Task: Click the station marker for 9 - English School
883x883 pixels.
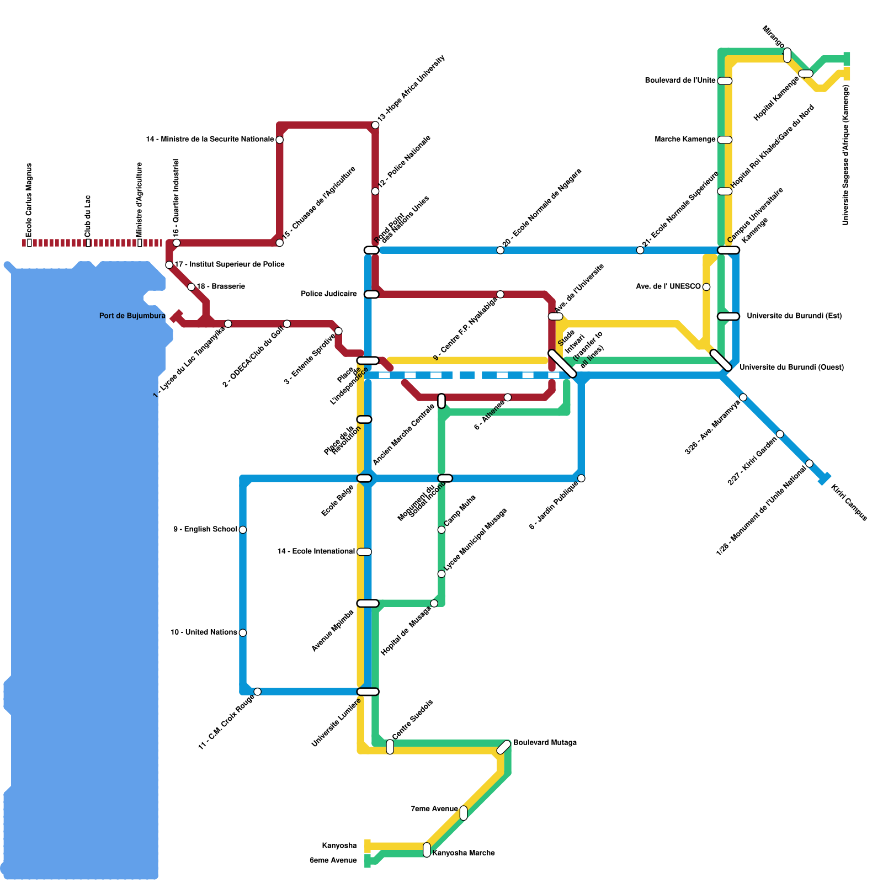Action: click(243, 530)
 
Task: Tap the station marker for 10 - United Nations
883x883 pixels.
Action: click(243, 632)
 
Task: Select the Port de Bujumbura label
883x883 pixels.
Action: click(132, 316)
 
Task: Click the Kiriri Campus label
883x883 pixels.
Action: click(849, 502)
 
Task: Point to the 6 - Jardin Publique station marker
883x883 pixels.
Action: click(581, 478)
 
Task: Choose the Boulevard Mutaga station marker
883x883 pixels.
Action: click(504, 747)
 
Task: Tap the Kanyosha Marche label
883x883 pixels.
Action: click(464, 853)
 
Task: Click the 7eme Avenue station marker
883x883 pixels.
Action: click(464, 813)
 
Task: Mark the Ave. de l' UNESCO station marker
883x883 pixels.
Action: click(706, 286)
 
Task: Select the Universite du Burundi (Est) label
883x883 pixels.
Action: click(794, 316)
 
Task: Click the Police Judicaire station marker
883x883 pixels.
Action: click(371, 294)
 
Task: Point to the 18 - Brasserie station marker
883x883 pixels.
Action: click(192, 287)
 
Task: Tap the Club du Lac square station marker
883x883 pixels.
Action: click(88, 243)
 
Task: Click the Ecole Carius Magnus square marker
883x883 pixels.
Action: click(29, 243)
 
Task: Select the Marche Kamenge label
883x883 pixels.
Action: click(685, 140)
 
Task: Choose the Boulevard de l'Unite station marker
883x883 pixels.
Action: click(725, 81)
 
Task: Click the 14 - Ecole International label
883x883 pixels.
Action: click(316, 552)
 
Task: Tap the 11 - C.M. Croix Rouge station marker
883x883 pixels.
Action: click(257, 691)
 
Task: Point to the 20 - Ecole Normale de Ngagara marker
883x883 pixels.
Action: click(500, 251)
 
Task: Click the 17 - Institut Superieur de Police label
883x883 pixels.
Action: click(230, 265)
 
